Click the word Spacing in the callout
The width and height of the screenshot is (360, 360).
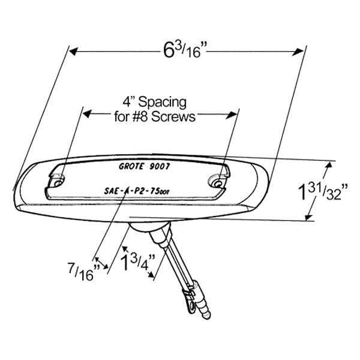point(163,103)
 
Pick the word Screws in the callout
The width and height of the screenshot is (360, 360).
point(173,116)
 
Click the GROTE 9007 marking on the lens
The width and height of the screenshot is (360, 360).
point(144,166)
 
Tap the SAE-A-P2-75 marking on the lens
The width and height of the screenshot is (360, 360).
point(137,191)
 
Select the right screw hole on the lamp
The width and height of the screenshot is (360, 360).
point(219,184)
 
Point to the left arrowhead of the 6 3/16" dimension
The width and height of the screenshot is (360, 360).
point(73,52)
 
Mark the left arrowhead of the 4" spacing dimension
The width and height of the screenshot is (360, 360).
point(87,113)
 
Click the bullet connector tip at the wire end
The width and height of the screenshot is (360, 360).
point(206,316)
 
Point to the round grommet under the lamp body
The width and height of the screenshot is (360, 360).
point(149,228)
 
